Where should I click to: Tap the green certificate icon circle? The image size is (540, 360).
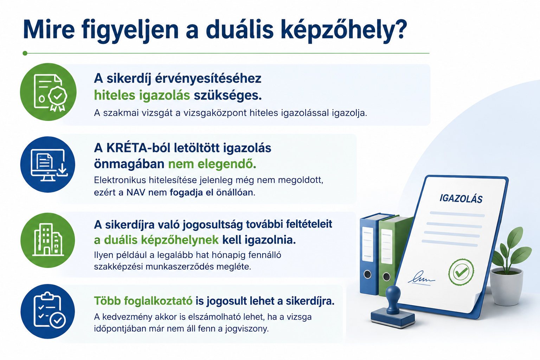click(x=48, y=92)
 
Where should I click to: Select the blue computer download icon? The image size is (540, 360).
click(x=48, y=165)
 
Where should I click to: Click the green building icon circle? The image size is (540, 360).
click(x=48, y=240)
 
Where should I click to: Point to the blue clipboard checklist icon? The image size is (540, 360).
click(x=48, y=311)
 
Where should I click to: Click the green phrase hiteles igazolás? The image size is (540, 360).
click(x=142, y=95)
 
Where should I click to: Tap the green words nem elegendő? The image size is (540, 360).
click(x=212, y=164)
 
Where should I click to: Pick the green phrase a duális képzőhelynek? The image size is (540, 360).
click(x=156, y=240)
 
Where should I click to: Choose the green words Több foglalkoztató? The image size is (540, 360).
click(x=143, y=301)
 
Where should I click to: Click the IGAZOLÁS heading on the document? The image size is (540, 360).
click(x=461, y=199)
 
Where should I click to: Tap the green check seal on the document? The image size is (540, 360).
click(x=461, y=272)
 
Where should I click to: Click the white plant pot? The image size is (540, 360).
click(x=506, y=287)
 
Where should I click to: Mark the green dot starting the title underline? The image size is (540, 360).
click(x=25, y=53)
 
